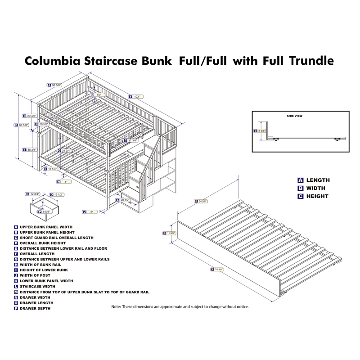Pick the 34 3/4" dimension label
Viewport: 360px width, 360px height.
(67, 151)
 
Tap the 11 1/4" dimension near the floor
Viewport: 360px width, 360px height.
(52, 169)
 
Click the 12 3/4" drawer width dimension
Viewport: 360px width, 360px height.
(35, 194)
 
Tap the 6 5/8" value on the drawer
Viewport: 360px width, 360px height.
(45, 211)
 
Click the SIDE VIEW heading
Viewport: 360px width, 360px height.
(294, 116)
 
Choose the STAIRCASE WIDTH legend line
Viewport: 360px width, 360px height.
(37, 286)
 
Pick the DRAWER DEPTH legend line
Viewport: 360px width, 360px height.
(35, 308)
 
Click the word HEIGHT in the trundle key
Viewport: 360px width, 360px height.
(318, 196)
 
